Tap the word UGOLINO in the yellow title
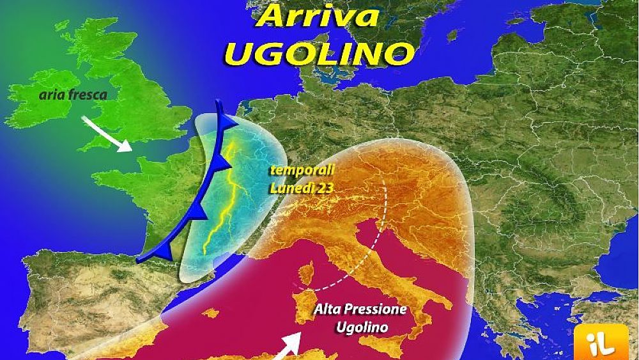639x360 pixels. (319, 52)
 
